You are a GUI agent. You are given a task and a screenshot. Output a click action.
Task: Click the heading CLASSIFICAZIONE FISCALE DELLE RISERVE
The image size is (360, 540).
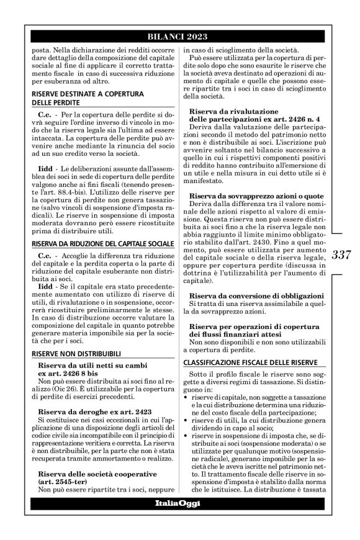(245, 361)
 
